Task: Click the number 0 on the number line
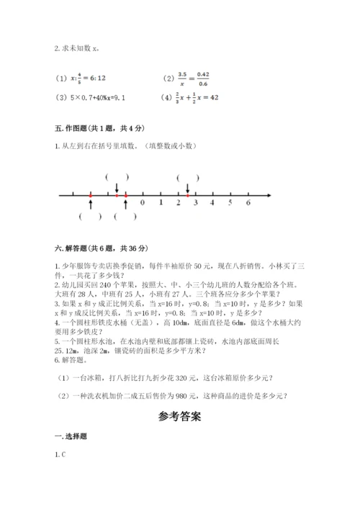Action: click(143, 204)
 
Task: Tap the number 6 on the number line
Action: click(248, 204)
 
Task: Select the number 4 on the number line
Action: click(212, 204)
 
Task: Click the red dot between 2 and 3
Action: click(187, 195)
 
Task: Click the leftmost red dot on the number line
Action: click(90, 195)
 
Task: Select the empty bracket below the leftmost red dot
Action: click(91, 216)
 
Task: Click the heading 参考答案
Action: click(180, 416)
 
